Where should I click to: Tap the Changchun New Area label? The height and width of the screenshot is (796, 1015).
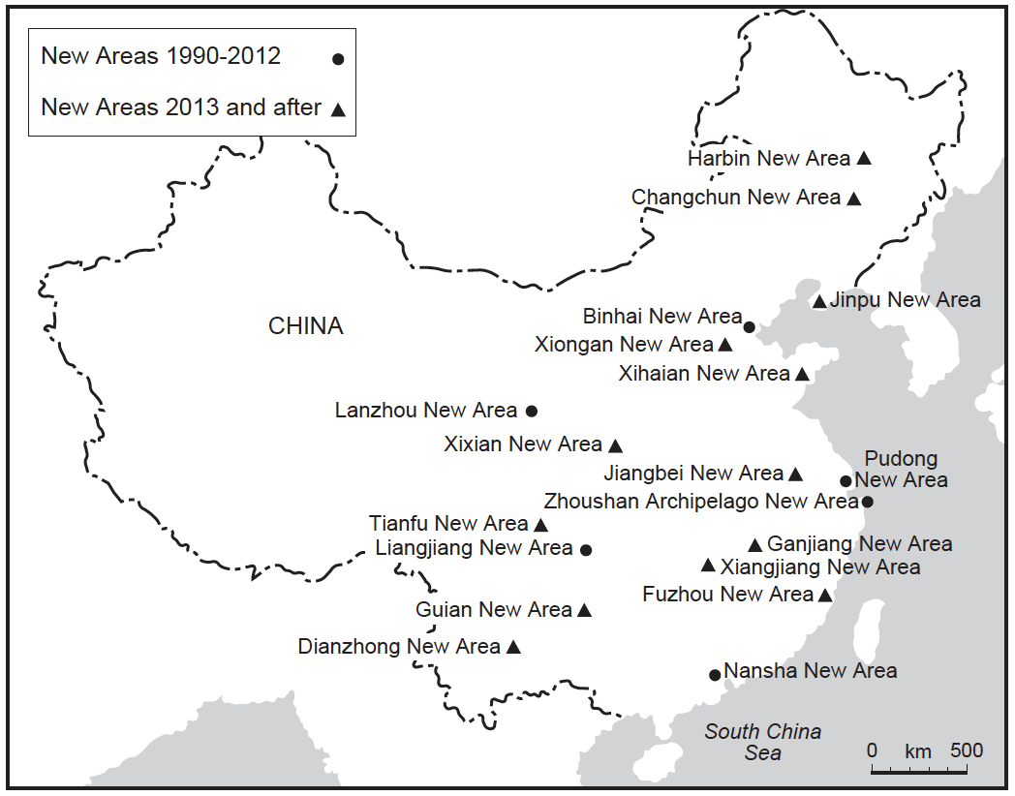point(736,198)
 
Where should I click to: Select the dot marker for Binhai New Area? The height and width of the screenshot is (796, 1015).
point(749,326)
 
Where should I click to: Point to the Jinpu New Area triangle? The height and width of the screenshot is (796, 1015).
point(819,302)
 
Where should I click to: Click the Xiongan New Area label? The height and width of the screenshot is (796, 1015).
point(624,345)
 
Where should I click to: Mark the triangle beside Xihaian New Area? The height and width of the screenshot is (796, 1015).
point(802,374)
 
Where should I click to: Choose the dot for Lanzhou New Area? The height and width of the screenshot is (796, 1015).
point(531,411)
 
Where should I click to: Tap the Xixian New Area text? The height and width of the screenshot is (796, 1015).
point(523,444)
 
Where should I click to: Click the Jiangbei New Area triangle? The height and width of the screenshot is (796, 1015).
point(795,474)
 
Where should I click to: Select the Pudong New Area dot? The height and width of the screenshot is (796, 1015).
point(846,481)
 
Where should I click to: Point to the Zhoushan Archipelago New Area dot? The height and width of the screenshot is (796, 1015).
point(868,502)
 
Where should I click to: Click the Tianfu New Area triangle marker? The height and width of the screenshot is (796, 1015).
point(540,525)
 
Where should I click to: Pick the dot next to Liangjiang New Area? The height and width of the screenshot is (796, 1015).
point(585,550)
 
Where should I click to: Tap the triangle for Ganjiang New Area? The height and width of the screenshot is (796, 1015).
point(755,544)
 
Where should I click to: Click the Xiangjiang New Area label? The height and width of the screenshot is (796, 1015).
point(820,567)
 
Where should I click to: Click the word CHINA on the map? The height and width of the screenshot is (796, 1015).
point(305,326)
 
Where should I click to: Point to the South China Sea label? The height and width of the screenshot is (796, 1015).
point(762,742)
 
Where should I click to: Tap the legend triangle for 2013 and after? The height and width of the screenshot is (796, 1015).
point(338,109)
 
